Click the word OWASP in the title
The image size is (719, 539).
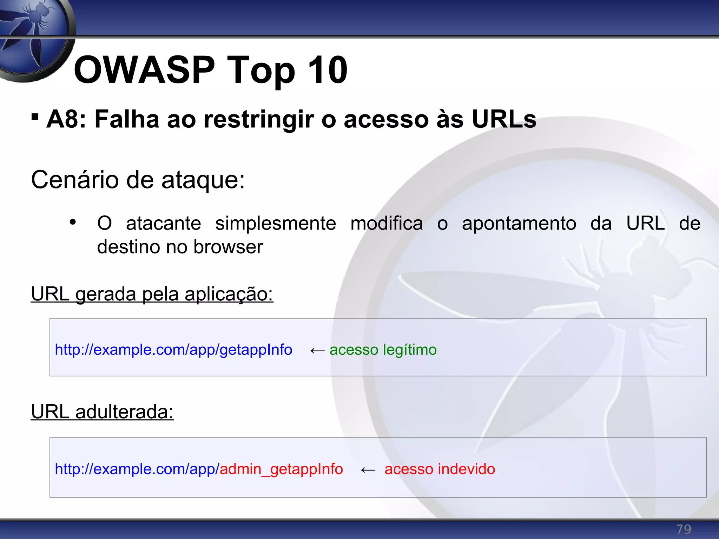(144, 70)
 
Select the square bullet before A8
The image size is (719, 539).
(35, 117)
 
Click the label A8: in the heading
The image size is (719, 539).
(66, 119)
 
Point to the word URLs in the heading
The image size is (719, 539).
(504, 119)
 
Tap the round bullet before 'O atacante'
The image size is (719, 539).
(73, 222)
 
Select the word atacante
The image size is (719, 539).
(163, 224)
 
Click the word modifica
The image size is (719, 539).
(387, 224)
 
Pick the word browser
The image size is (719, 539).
(228, 247)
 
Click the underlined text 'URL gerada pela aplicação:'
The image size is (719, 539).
(152, 294)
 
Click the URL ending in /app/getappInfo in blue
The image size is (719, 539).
(173, 350)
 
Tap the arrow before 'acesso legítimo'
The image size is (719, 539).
(317, 351)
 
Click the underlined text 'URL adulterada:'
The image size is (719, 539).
(102, 412)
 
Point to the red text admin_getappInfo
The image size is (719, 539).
(281, 469)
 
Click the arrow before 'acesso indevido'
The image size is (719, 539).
(368, 470)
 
